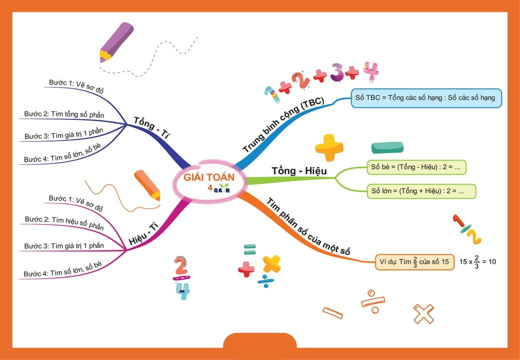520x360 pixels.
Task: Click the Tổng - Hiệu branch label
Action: click(298, 171)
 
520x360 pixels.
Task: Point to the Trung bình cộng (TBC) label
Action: click(283, 125)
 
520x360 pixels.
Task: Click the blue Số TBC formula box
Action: click(426, 98)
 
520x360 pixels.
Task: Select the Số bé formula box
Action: click(416, 167)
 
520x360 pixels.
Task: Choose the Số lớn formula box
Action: click(421, 191)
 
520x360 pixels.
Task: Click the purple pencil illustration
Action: click(116, 41)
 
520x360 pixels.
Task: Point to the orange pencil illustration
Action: click(147, 184)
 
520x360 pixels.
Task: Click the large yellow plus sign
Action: click(329, 147)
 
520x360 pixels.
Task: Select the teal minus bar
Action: click(387, 147)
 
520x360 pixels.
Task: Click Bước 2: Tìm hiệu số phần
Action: click(64, 222)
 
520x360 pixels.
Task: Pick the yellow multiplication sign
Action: click(271, 264)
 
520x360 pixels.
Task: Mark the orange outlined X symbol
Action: click(423, 314)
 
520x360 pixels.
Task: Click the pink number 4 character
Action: click(370, 72)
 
